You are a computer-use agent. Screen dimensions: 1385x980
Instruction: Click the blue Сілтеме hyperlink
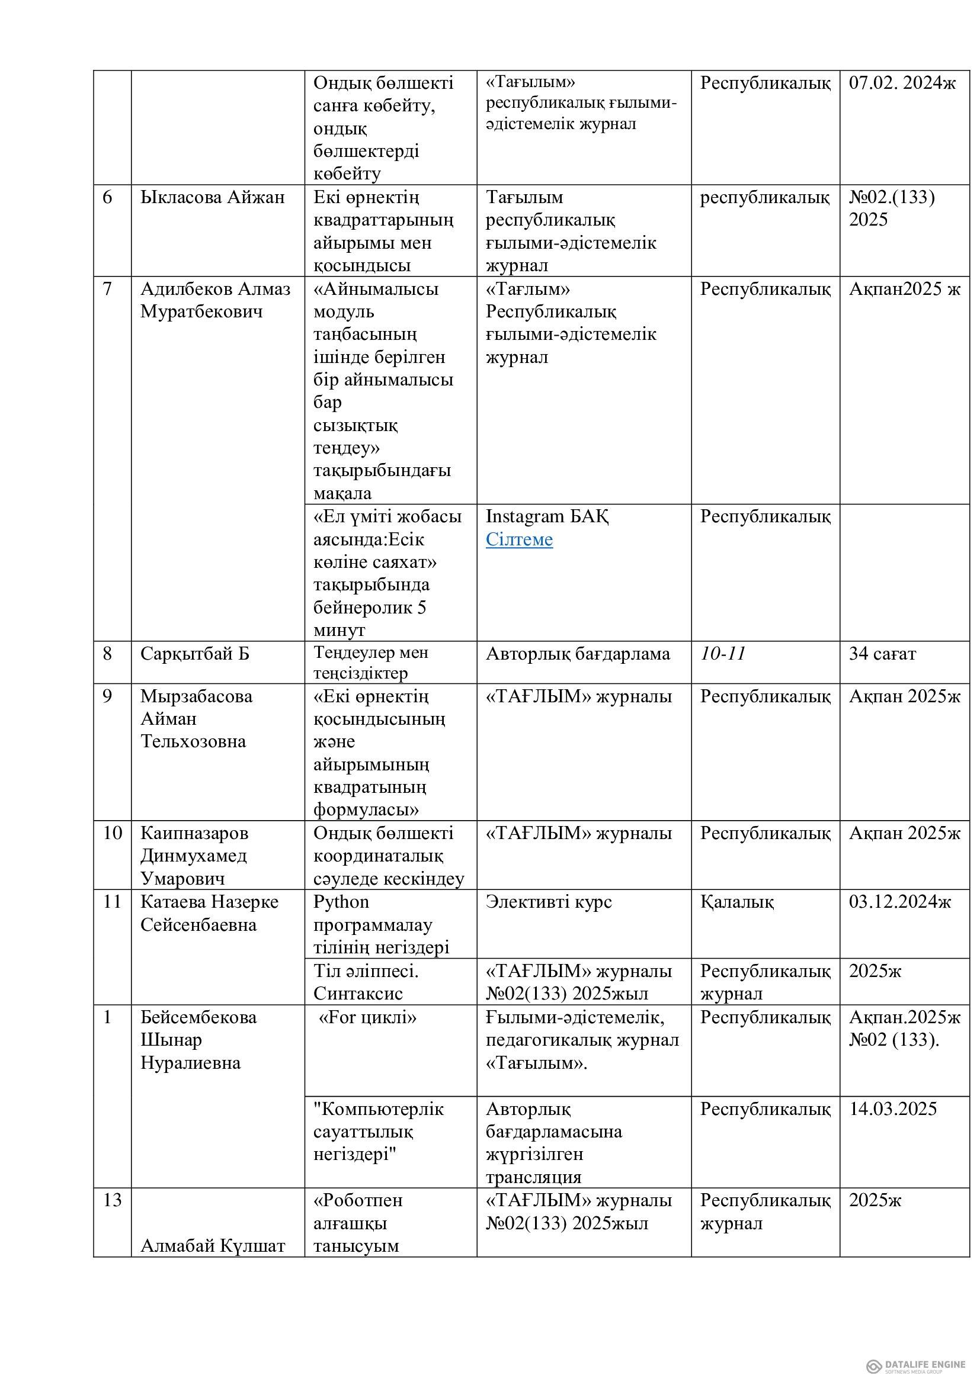coord(519,539)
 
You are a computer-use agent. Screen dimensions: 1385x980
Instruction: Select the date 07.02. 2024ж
coord(902,83)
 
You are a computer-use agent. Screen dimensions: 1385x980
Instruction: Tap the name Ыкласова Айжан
coord(213,197)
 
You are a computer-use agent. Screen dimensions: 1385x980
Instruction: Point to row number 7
coord(107,289)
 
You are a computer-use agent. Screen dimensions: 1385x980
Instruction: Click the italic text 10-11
coord(723,653)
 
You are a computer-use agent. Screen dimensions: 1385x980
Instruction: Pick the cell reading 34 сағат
coord(882,653)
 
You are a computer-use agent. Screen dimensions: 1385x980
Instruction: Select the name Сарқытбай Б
coord(194,653)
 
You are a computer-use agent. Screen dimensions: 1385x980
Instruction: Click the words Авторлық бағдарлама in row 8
coord(578,653)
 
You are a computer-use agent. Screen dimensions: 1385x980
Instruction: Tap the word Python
coord(341,902)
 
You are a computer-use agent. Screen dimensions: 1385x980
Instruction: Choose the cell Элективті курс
coord(549,902)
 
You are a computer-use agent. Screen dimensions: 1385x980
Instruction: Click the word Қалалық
coord(737,902)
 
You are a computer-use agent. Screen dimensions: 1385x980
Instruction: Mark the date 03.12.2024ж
coord(900,902)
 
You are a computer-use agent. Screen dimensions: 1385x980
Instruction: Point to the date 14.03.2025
coord(892,1108)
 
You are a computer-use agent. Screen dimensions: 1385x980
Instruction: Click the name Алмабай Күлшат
coord(213,1246)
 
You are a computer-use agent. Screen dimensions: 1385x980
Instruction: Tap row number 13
coord(112,1200)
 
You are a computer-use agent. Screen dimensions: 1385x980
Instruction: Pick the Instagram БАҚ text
coord(547,516)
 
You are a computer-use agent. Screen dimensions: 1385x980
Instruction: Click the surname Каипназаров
coord(194,833)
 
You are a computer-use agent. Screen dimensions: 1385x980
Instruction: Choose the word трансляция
coord(533,1178)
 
